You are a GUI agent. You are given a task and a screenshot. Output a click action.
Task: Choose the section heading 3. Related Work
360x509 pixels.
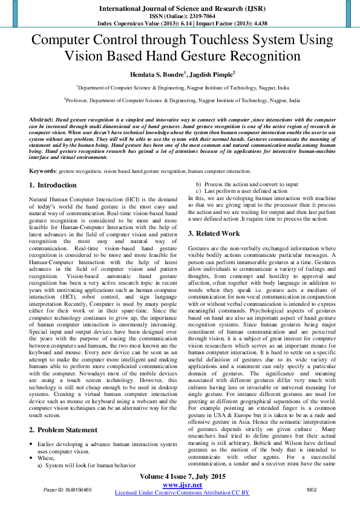[x=214, y=233]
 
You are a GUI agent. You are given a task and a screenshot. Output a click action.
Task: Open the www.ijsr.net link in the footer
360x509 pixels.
[x=182, y=485]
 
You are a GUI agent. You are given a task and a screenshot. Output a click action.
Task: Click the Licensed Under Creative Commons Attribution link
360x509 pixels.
[x=182, y=493]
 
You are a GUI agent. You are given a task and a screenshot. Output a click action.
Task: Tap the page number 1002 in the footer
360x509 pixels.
[x=312, y=490]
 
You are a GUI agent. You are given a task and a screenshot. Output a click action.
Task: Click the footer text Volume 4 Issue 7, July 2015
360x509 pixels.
[x=182, y=478]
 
